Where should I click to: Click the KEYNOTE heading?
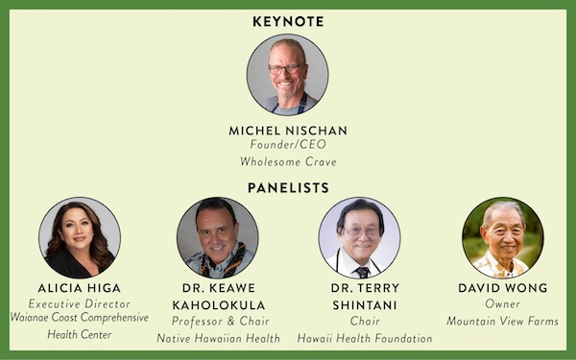coord(288,22)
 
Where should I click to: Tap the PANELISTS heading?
coord(288,188)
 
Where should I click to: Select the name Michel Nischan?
coord(288,131)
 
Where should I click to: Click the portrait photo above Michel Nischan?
coord(288,75)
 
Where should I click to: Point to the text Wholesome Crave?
coord(288,161)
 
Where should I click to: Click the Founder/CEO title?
coord(288,144)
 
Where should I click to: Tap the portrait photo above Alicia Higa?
coord(80,237)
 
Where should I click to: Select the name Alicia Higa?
coord(80,288)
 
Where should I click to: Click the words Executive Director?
coord(80,303)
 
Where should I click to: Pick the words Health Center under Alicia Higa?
coord(80,334)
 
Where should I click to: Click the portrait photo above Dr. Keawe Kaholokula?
coord(218,237)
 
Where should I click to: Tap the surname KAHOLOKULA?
coord(219,305)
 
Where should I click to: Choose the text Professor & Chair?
coord(221,321)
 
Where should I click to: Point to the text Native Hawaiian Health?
coord(219,338)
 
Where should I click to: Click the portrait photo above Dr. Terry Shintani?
coord(360,237)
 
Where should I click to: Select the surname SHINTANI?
coord(365,305)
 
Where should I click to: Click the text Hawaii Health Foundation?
coord(365,338)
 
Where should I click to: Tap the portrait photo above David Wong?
coord(503,237)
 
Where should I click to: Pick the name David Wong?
coord(503,288)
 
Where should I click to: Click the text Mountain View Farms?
coord(502,321)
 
